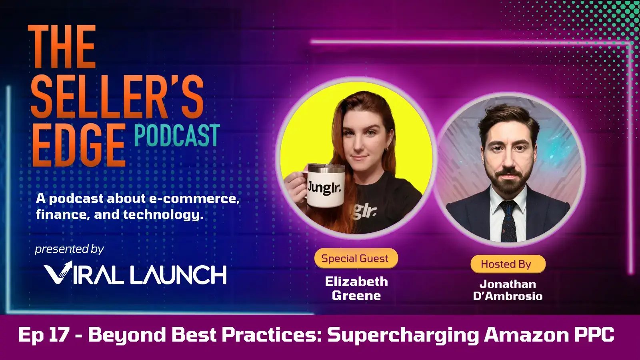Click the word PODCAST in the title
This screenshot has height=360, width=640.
pos(177,136)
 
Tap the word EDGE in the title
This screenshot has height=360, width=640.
pos(78,145)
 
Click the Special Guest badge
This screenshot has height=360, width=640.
pos(355,258)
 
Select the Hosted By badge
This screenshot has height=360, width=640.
pos(506,264)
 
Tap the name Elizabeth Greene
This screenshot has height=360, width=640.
pos(356,288)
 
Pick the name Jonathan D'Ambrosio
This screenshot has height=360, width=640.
pos(508,290)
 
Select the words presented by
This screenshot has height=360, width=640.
pos(70,249)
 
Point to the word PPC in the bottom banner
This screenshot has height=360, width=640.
pos(594,334)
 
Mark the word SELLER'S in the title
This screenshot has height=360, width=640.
pos(117,97)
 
